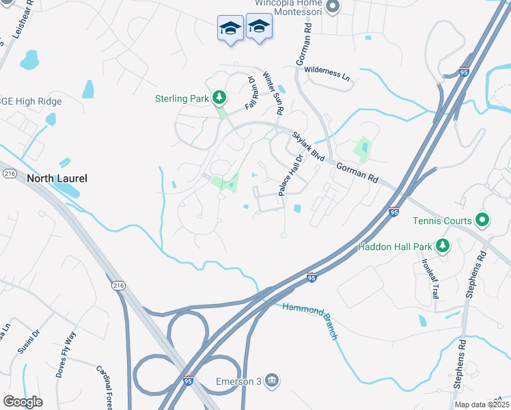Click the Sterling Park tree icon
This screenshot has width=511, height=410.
coord(219,98)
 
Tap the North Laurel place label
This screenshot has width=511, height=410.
coord(57,178)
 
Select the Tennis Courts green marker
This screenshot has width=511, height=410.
coord(482,221)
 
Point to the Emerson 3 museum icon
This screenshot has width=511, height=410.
coord(272,381)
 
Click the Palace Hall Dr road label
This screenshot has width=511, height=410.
coord(290,175)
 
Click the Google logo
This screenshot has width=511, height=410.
coord(23,402)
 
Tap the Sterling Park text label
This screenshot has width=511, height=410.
coord(181,98)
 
